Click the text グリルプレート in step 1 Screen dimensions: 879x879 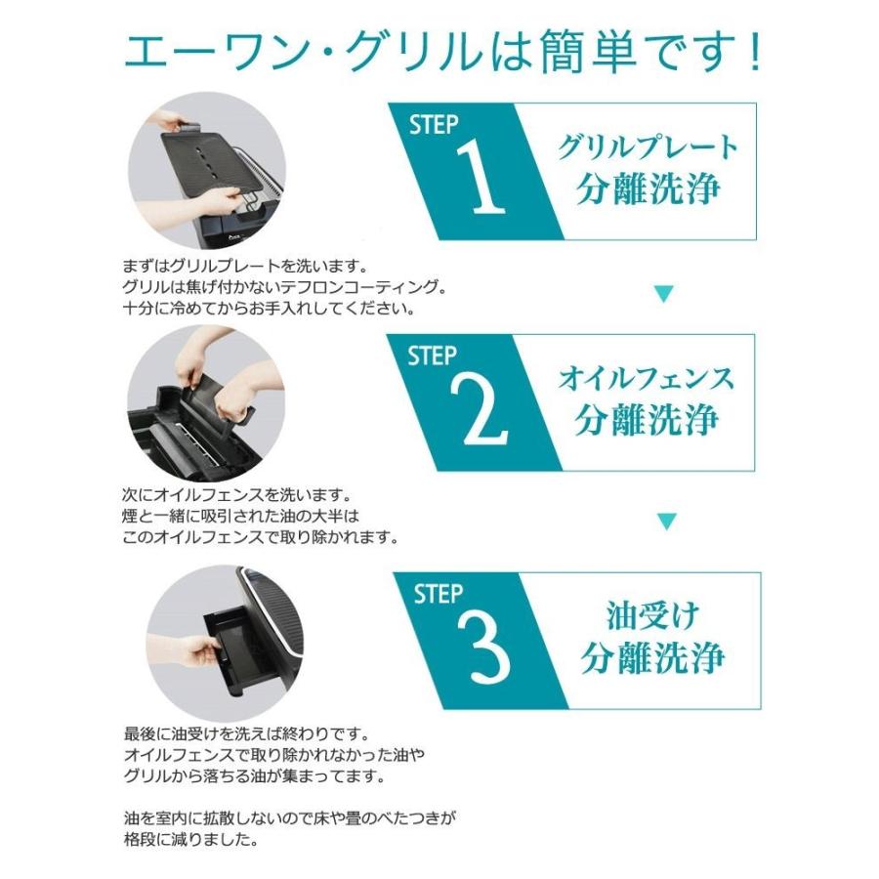pos(649,149)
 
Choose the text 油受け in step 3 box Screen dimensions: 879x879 pos(651,616)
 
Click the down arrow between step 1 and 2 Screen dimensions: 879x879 pos(664,292)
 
